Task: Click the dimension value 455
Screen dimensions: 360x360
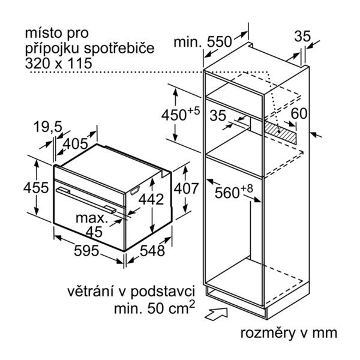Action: [x=36, y=188]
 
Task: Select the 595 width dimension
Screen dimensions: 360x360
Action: [x=86, y=251]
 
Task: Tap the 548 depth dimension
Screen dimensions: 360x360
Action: [x=152, y=250]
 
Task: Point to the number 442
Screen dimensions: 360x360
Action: [x=151, y=199]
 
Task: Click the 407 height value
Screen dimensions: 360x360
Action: [x=186, y=188]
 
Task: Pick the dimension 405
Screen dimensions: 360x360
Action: [x=76, y=144]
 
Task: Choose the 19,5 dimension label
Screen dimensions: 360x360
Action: [x=48, y=127]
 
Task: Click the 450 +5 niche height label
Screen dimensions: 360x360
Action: [x=181, y=114]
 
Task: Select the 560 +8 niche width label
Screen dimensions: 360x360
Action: [x=234, y=191]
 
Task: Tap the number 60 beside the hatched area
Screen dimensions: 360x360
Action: [x=299, y=113]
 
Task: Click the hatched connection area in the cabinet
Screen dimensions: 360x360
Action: [x=280, y=133]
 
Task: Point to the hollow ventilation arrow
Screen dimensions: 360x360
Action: [x=216, y=314]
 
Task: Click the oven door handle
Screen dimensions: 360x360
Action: [x=86, y=200]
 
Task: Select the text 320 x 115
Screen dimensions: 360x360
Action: [x=59, y=64]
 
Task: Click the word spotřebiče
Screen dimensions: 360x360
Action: [x=119, y=49]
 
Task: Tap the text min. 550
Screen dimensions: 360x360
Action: [x=203, y=42]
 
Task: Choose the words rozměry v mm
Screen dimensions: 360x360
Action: [x=289, y=333]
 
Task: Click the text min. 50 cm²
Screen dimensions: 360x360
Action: [x=154, y=307]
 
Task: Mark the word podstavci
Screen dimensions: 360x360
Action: [x=163, y=292]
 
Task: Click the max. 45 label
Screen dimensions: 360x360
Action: [x=92, y=225]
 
